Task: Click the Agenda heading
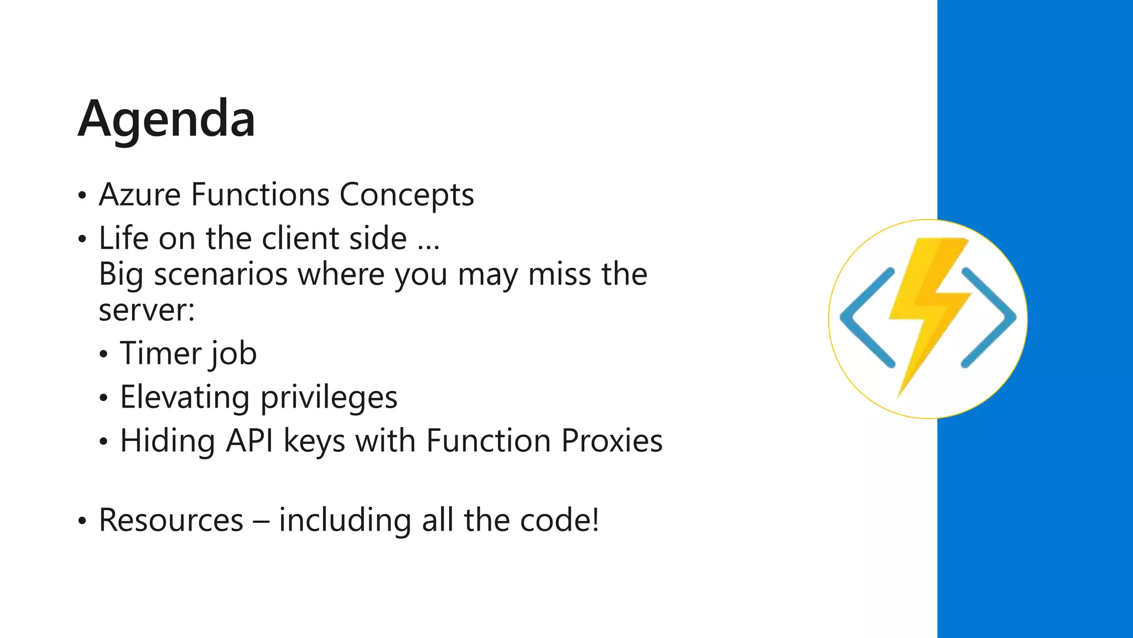coord(167,119)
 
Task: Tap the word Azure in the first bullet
coord(139,195)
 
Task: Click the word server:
coord(147,310)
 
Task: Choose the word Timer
coord(160,353)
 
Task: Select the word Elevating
coord(185,398)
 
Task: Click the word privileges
coord(329,398)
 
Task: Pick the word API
coord(249,441)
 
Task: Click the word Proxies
coord(611,441)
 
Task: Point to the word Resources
coord(171,520)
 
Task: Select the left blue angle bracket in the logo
coord(866,318)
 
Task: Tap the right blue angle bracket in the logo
coord(989,318)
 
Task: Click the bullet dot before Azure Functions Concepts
coord(82,196)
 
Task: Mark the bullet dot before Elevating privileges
coord(104,398)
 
